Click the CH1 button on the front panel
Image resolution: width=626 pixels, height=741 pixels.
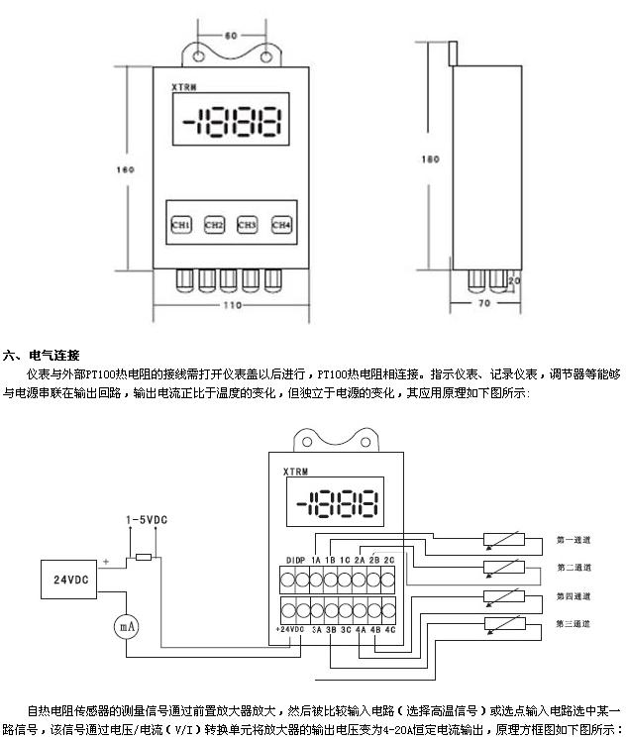(181, 225)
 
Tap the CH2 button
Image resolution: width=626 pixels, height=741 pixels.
(215, 225)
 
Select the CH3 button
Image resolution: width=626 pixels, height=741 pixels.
(248, 225)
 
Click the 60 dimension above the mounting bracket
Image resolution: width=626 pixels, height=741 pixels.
(231, 35)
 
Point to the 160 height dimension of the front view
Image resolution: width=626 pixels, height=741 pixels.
(126, 170)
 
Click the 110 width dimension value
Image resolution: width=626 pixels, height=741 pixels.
(231, 306)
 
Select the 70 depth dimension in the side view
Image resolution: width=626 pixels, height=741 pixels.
(484, 306)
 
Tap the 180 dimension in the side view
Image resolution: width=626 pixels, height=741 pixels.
(430, 159)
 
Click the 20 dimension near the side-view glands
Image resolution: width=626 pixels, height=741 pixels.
(513, 281)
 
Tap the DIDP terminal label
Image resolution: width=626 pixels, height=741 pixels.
(294, 560)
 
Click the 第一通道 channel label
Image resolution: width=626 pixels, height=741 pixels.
(574, 540)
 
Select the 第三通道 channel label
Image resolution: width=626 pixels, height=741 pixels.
(574, 623)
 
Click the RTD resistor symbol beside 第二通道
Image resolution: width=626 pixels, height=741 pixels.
(502, 568)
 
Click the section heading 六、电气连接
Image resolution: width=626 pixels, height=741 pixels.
(41, 355)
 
